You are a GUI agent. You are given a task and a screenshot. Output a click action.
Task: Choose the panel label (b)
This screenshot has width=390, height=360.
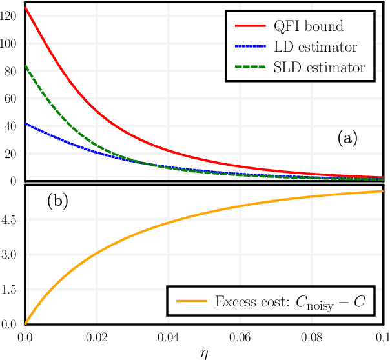59,201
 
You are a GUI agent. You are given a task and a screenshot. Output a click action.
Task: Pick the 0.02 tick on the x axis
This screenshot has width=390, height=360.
97,337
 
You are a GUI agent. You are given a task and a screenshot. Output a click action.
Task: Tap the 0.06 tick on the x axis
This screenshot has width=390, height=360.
240,337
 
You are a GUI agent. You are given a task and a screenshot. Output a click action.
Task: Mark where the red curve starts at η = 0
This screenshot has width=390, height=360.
25,6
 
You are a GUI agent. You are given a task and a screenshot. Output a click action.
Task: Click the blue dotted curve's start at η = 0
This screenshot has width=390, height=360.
25,123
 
